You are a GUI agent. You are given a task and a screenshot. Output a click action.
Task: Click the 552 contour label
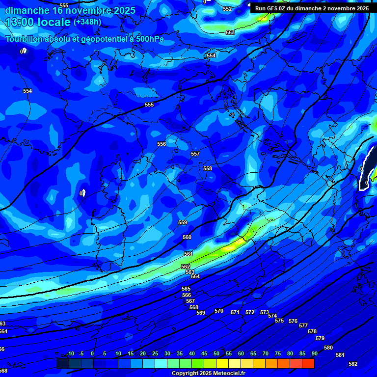point(227,9)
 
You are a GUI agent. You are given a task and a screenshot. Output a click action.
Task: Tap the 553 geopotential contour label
point(230,32)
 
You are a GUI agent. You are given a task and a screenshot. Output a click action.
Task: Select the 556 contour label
point(162,144)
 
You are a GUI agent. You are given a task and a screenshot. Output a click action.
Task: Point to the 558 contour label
point(208,168)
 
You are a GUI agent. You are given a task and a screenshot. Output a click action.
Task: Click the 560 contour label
point(187,237)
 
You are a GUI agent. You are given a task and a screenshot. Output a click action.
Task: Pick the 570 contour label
point(219,311)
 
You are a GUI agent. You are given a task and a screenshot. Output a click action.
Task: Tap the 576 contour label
point(293,321)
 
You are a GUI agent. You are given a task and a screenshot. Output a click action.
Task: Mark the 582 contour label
point(352,364)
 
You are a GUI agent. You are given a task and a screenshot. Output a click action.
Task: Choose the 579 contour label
point(320,338)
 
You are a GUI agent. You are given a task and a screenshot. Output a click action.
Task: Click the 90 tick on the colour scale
point(314,353)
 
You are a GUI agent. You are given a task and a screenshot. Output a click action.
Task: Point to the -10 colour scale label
point(70,353)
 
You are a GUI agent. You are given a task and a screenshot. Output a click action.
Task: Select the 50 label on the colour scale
point(216,353)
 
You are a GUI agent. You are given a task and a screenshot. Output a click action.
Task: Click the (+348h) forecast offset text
point(87,22)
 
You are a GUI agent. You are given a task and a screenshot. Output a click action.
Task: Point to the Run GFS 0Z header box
point(312,8)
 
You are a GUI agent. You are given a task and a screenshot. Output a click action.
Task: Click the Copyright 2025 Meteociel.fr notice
point(208,373)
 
